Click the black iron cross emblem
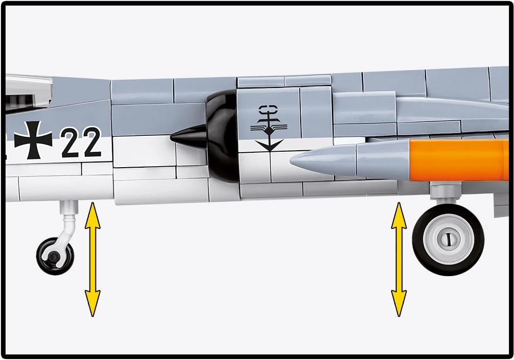pyautogui.click(x=33, y=140)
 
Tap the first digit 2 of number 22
pyautogui.click(x=71, y=143)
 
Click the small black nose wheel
pyautogui.click(x=54, y=255)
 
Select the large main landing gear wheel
pyautogui.click(x=448, y=239)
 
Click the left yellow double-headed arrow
pyautogui.click(x=93, y=259)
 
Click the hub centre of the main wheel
pyautogui.click(x=448, y=239)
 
